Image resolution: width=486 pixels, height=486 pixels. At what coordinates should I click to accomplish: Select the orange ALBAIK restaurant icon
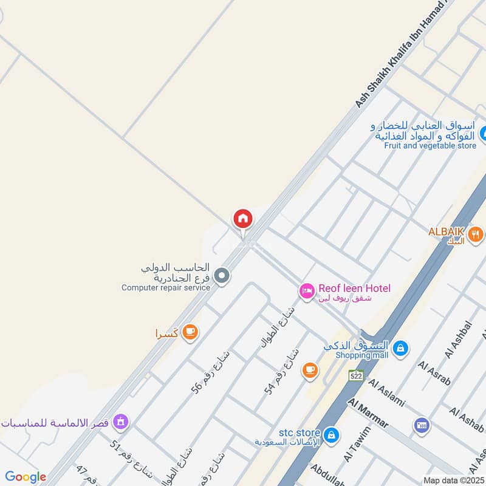(x=476, y=233)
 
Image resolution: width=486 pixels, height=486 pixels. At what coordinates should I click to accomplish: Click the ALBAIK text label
(x=447, y=232)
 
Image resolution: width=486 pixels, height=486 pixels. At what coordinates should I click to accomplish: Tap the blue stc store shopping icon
(x=331, y=435)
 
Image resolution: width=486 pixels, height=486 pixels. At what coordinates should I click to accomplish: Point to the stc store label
(x=299, y=432)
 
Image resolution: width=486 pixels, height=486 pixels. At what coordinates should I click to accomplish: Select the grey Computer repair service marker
(x=222, y=276)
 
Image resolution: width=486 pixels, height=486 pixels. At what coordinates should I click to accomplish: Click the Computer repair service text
(x=165, y=287)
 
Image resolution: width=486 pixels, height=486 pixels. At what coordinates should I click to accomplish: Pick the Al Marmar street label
(x=368, y=413)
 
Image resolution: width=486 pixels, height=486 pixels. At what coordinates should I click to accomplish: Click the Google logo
(x=26, y=477)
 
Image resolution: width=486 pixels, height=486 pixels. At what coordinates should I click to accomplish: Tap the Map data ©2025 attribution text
(x=453, y=480)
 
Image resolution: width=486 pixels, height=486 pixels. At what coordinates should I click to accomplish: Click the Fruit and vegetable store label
(x=430, y=146)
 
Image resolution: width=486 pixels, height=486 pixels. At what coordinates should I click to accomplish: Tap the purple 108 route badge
(x=421, y=425)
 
